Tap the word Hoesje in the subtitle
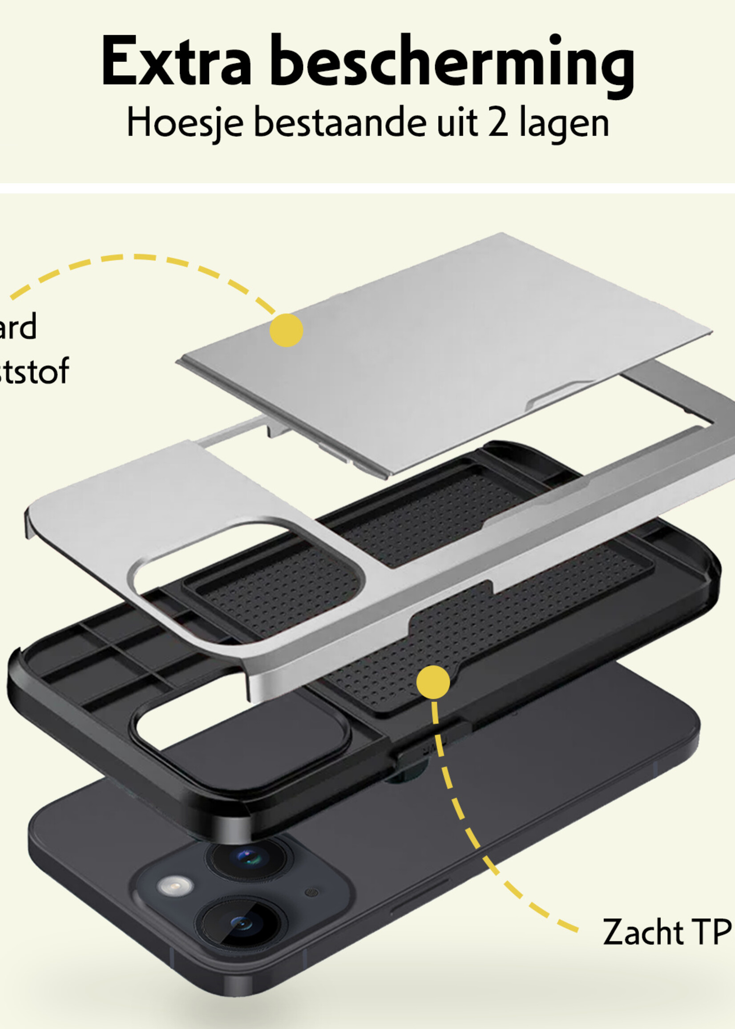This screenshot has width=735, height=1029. (185, 123)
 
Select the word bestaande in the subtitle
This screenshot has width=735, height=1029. (340, 123)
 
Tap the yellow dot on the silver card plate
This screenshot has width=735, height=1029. (286, 331)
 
